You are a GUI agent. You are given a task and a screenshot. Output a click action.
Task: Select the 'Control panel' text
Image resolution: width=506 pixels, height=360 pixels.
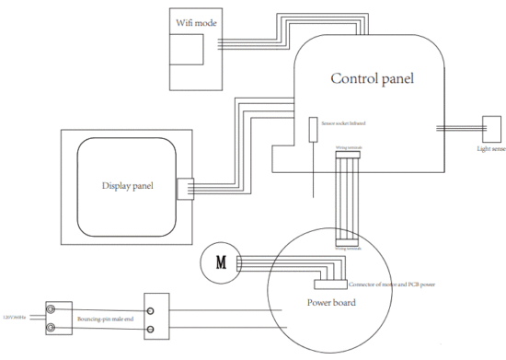(x=373, y=78)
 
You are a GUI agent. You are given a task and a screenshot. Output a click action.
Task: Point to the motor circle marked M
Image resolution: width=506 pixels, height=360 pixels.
(x=220, y=261)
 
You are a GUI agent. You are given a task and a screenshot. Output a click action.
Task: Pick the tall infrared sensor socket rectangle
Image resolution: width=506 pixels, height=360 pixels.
(x=313, y=130)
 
